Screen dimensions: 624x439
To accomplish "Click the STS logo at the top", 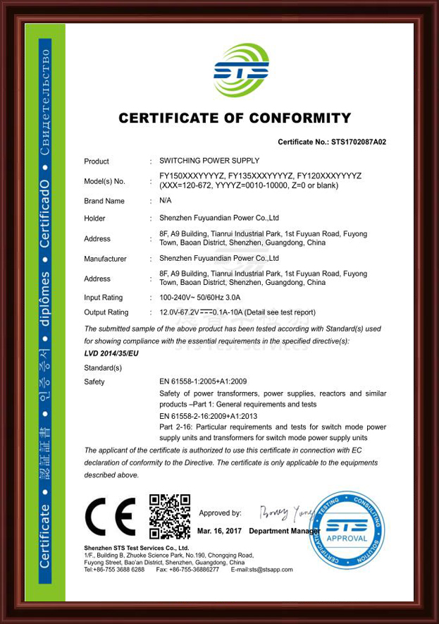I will click(241, 71).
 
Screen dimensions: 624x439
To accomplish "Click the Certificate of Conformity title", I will click(234, 118).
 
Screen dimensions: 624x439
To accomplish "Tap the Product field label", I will click(97, 161).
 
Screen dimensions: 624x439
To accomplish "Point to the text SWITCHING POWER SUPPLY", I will click(209, 161).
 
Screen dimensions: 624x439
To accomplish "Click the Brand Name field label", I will click(104, 201).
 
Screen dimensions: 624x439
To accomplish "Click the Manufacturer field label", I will click(105, 259).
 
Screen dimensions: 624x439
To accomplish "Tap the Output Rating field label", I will click(106, 312).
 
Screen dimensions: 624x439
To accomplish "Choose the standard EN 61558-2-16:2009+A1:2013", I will click(214, 416).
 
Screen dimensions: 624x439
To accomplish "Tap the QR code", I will click(170, 516).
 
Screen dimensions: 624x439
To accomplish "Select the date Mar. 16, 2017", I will click(219, 530).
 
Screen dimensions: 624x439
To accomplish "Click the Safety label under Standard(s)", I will click(94, 382).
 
